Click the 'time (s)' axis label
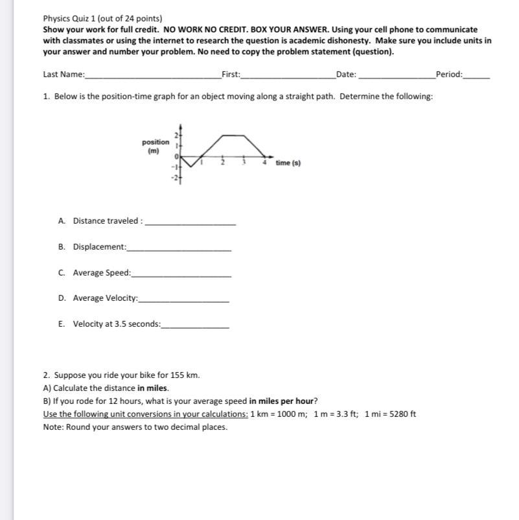click(288, 163)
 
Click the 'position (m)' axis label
click(156, 146)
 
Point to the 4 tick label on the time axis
click(264, 162)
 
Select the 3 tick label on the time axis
click(244, 162)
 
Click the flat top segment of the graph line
click(233, 135)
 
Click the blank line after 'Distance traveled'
click(190, 224)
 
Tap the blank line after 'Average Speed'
click(181, 276)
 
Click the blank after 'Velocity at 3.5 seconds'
click(195, 327)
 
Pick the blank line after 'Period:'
click(477, 77)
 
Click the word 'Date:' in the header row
click(347, 75)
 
